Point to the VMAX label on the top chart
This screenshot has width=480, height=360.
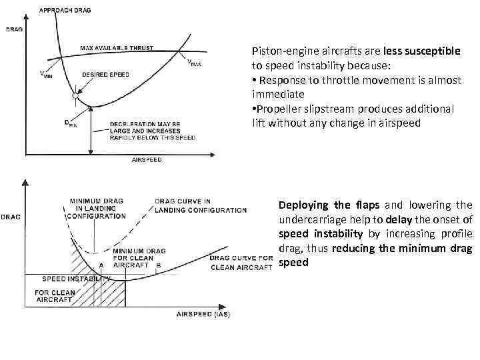pos(193,63)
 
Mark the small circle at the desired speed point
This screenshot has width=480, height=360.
pos(76,97)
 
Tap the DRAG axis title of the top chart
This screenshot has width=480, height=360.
pos(13,29)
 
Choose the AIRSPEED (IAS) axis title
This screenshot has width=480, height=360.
pos(203,314)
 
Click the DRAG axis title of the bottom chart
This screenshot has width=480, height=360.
pos(10,215)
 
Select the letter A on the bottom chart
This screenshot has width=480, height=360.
pos(101,265)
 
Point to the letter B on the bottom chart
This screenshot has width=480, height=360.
pos(157,265)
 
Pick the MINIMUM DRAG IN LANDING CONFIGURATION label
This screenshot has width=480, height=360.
pos(97,209)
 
